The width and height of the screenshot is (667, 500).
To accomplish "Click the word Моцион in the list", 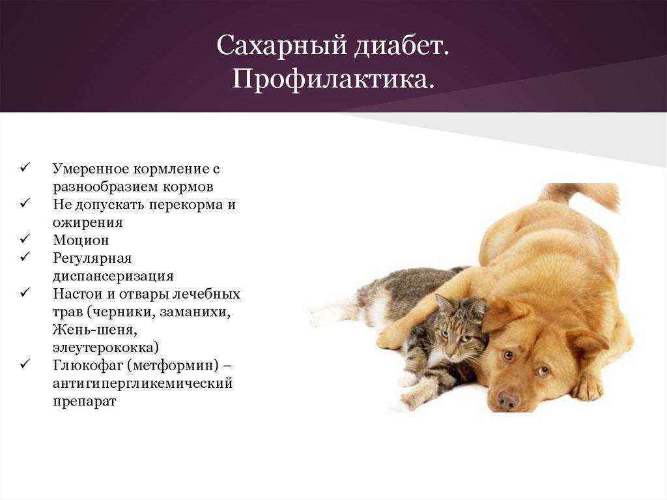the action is point(81,240).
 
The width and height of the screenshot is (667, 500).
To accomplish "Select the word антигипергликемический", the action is point(143,383).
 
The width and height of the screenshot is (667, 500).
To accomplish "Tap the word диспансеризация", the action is point(113,276).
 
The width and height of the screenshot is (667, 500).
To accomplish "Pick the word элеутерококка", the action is point(106,347).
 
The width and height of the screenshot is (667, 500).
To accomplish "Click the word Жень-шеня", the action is point(95,329).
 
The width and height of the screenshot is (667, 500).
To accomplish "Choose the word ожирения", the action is point(88,223).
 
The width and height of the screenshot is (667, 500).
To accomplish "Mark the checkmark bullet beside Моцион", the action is point(25,239).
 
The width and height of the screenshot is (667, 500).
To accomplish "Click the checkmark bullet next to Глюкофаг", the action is point(25,364).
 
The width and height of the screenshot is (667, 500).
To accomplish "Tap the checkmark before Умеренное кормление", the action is point(25,168).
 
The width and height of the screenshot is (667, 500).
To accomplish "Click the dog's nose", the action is point(508,400).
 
